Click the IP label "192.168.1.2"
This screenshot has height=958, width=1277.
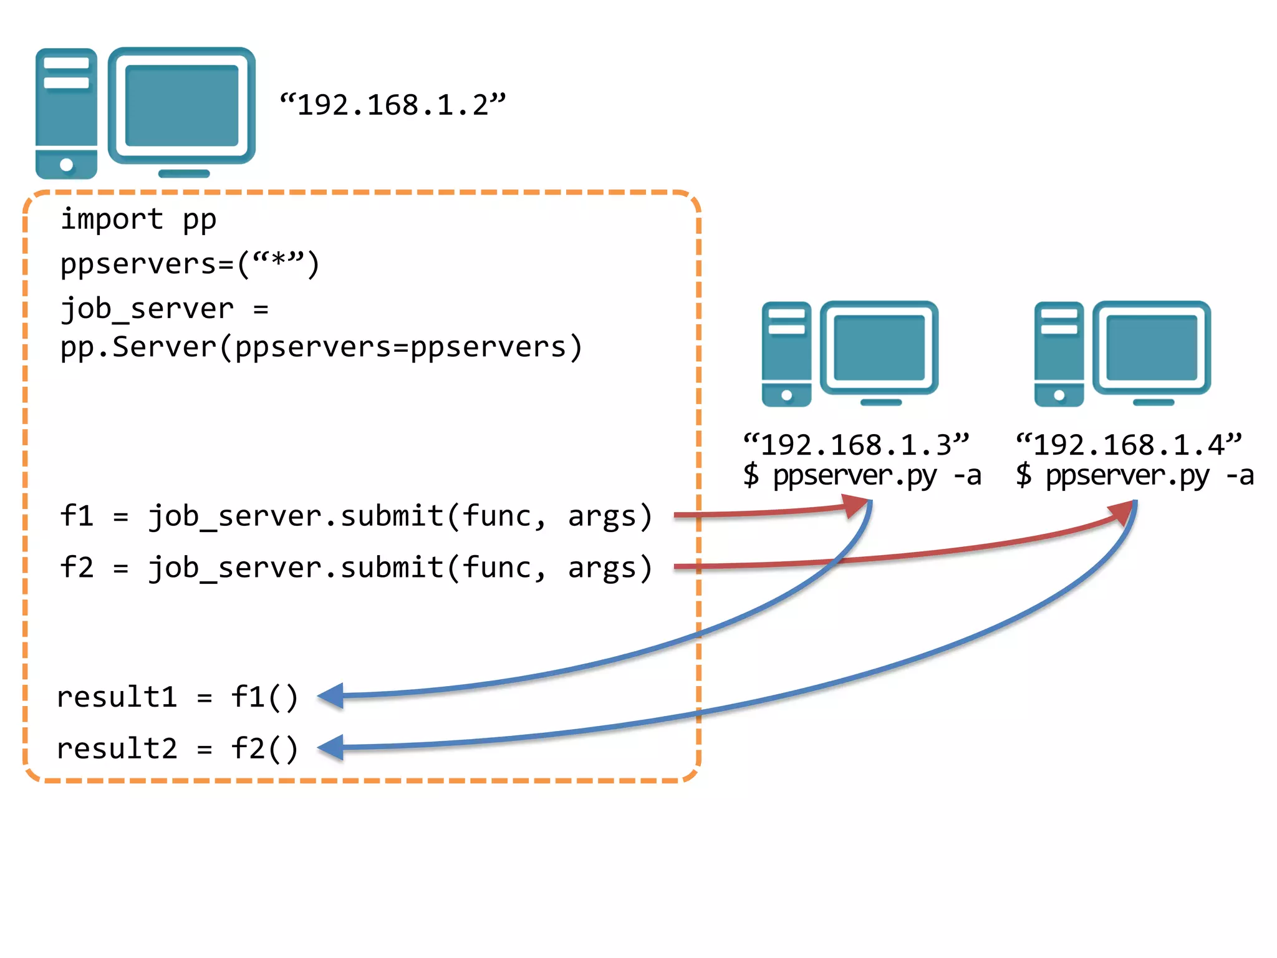(x=393, y=105)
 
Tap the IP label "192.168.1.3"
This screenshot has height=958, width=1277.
(x=856, y=445)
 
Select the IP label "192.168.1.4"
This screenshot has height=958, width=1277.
(x=1129, y=445)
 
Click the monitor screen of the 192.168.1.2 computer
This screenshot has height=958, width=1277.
(x=181, y=105)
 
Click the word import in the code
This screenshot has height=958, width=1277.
(x=112, y=220)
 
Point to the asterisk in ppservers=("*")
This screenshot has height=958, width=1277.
(x=279, y=261)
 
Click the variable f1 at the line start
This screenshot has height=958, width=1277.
(x=76, y=516)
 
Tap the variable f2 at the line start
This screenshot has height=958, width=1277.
(x=76, y=568)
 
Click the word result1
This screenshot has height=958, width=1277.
(x=117, y=697)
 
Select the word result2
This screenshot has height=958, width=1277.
(x=117, y=748)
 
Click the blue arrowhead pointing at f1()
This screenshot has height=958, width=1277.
(x=331, y=695)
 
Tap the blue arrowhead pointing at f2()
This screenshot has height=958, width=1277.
(x=331, y=747)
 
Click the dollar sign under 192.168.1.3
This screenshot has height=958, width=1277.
(x=751, y=475)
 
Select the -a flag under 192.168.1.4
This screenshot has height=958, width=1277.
(x=1240, y=476)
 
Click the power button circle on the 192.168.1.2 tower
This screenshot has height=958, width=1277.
(x=66, y=165)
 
